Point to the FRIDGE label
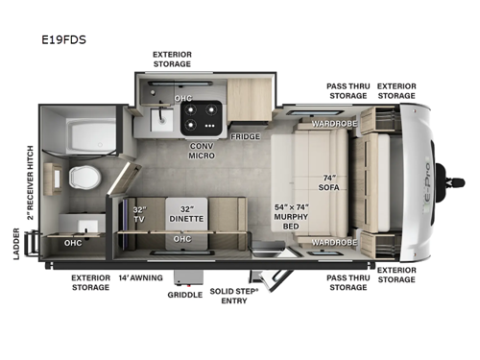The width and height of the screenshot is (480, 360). [245, 136]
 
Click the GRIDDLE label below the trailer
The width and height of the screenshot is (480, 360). [184, 295]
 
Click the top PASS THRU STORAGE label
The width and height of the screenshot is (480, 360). [347, 91]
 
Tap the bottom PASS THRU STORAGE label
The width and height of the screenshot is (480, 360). [347, 280]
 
